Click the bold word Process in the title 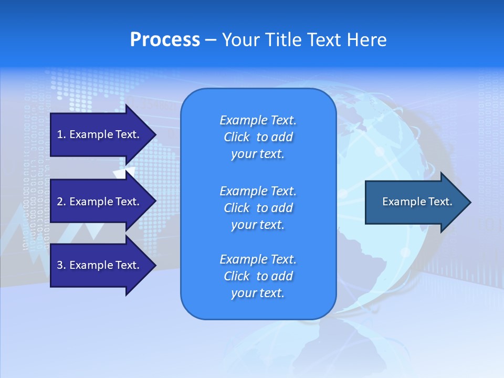(x=165, y=40)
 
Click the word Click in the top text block (x=236, y=138)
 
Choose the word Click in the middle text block (x=236, y=208)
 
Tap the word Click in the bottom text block (x=236, y=277)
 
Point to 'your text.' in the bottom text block (x=258, y=293)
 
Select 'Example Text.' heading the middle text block (x=258, y=191)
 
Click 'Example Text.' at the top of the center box (x=258, y=121)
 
